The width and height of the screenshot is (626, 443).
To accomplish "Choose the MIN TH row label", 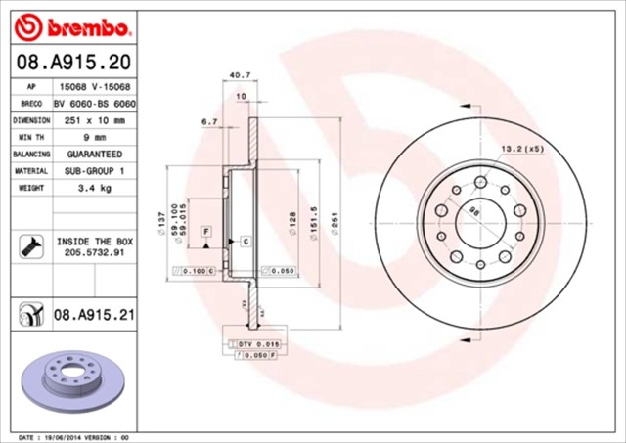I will click(x=31, y=137).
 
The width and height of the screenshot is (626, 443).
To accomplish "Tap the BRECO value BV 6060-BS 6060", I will click(x=94, y=103).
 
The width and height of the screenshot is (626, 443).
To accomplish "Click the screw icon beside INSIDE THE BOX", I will click(x=27, y=245).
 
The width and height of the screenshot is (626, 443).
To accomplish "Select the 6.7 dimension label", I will click(x=208, y=122).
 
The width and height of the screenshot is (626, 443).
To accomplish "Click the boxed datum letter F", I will click(x=206, y=231).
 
